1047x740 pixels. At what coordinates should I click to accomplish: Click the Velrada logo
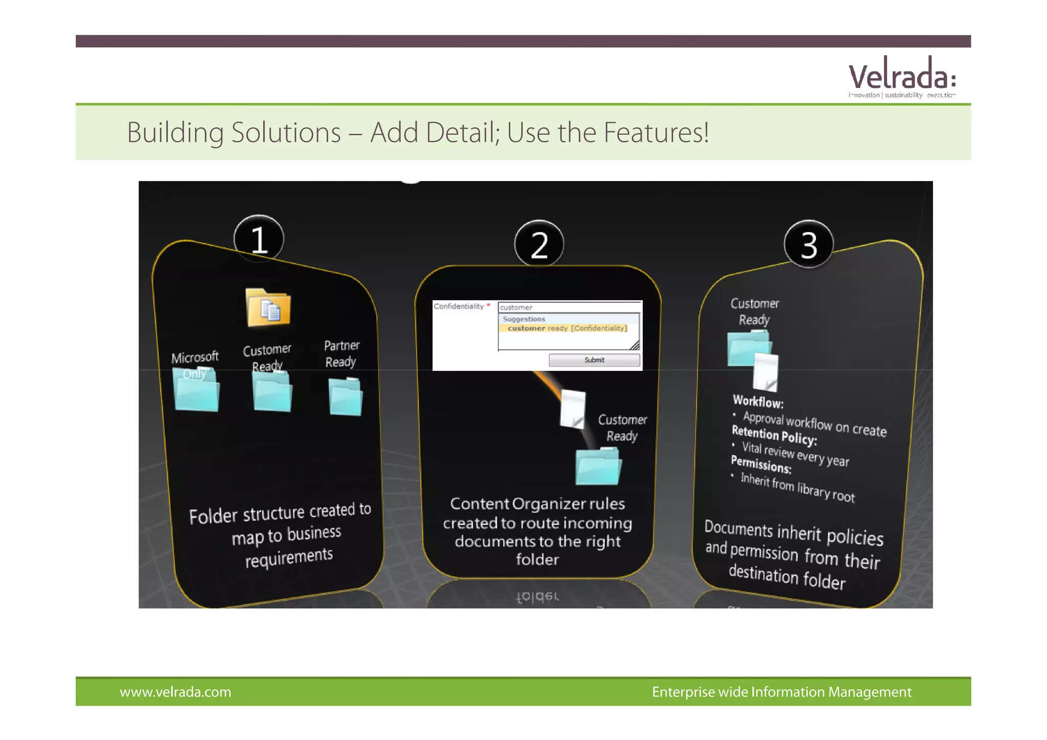(901, 78)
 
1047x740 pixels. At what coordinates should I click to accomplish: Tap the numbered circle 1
(259, 239)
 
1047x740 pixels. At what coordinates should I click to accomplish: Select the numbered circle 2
(539, 244)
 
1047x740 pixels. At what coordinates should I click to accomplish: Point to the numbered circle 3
(808, 244)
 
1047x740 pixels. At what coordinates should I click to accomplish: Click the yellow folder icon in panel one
(268, 308)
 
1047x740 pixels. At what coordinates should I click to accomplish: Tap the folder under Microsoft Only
(197, 391)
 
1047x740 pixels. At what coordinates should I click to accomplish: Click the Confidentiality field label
(459, 306)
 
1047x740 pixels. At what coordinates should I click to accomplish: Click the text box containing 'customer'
(569, 307)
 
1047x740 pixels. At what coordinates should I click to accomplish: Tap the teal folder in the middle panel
(598, 466)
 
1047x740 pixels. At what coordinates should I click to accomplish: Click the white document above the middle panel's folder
(573, 409)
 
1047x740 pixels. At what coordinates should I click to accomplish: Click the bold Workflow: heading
(758, 401)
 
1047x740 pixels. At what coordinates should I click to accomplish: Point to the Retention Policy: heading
(774, 435)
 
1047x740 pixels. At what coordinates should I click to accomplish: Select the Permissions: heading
(761, 464)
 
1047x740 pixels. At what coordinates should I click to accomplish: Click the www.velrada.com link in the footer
(175, 692)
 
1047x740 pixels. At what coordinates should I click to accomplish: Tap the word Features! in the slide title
(656, 132)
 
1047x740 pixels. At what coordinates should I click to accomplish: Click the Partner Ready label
(342, 353)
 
